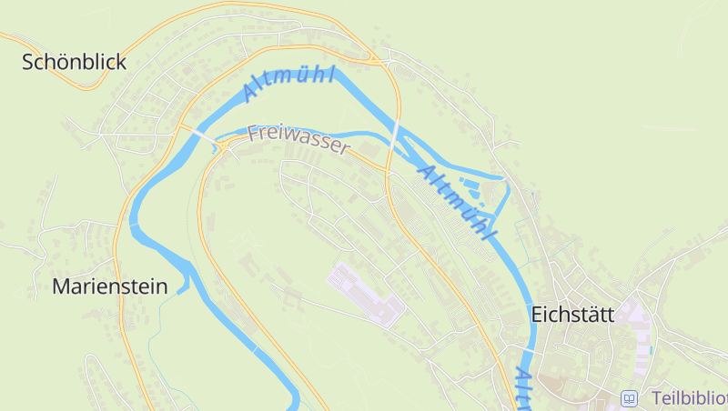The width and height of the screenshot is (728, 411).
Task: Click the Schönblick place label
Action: click(74, 62)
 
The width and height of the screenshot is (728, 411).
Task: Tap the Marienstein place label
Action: click(110, 286)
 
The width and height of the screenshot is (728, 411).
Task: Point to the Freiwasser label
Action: click(298, 139)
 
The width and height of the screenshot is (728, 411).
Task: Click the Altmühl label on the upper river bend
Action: click(289, 82)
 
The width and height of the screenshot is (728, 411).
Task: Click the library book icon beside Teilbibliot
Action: click(629, 398)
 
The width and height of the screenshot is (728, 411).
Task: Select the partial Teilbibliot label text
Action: click(688, 398)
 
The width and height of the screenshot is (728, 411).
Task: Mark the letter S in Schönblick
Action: click(28, 62)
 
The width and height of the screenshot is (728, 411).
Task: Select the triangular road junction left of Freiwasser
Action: click(221, 145)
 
